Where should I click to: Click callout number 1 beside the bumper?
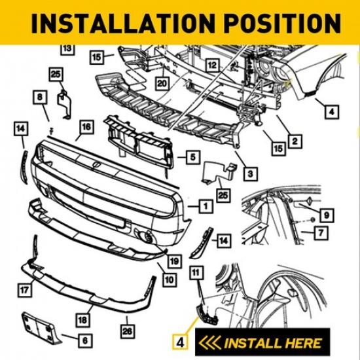[206, 206]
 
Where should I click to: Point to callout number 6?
[86, 340]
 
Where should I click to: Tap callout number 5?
[191, 157]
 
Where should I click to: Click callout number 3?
[249, 173]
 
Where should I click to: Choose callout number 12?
[211, 65]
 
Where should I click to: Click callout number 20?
[162, 84]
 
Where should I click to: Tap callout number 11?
[194, 271]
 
